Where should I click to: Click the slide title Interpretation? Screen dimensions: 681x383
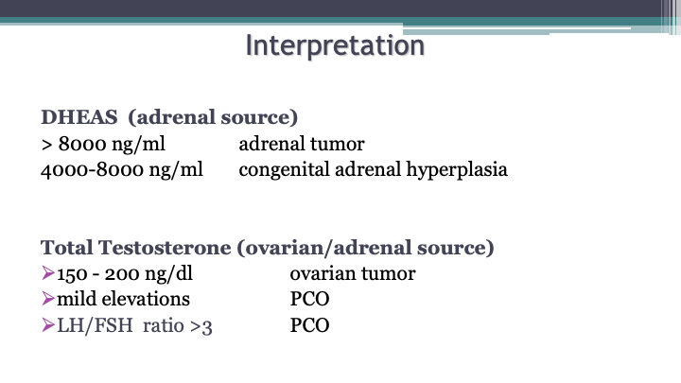point(335,46)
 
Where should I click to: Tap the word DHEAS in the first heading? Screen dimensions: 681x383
point(79,117)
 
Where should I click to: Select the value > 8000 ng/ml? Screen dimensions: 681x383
point(103,144)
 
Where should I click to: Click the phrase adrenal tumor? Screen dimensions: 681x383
point(302,144)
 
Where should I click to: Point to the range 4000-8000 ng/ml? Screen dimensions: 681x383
point(122,170)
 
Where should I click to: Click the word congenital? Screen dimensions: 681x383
point(284,170)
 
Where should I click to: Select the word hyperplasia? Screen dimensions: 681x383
point(457,170)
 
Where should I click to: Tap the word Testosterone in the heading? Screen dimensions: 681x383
point(165,248)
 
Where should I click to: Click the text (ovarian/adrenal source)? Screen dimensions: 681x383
point(365,249)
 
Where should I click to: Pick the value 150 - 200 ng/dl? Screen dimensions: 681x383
point(125,274)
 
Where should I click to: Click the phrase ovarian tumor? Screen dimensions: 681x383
point(353,274)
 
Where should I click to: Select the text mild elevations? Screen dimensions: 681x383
point(123,299)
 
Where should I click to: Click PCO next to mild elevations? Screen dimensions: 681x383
point(309,299)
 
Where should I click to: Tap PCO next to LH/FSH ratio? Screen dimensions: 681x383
point(309,325)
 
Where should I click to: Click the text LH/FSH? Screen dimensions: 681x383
point(95,325)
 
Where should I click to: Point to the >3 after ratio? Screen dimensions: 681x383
point(201,326)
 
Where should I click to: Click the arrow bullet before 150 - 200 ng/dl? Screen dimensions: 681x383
point(48,272)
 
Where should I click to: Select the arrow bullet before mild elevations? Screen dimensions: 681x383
point(48,298)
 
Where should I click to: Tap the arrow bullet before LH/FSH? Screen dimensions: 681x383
point(48,324)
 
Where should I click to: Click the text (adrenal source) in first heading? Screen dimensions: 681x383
point(213,117)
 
